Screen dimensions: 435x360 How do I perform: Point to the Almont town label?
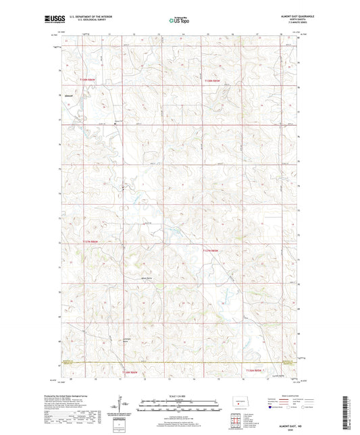[x=68, y=95]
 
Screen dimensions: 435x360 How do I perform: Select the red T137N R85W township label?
[x=212, y=250]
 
